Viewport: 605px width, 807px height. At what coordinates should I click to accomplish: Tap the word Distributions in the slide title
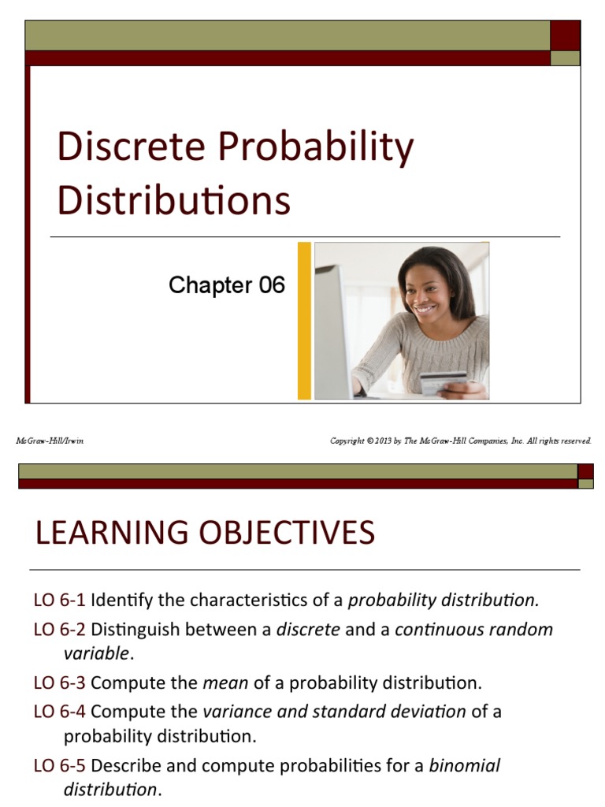(173, 200)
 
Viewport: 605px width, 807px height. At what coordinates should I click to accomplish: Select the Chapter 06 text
(226, 285)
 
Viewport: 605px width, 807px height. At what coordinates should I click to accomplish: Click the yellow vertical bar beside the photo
(304, 321)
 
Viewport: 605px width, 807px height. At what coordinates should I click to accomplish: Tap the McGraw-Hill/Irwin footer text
(50, 441)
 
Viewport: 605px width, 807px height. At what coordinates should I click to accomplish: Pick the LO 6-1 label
(59, 601)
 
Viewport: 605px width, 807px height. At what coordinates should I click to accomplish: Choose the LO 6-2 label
(59, 630)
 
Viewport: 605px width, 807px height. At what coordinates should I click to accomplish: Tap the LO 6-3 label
(59, 682)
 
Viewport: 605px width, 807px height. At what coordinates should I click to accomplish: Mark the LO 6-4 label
(59, 712)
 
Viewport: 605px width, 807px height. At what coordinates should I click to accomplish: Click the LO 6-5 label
(59, 765)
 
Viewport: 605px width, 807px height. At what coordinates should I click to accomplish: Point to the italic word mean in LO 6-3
(225, 682)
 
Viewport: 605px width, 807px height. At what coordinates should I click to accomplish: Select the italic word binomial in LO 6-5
(464, 765)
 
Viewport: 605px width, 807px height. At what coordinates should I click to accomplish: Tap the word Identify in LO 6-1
(121, 601)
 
